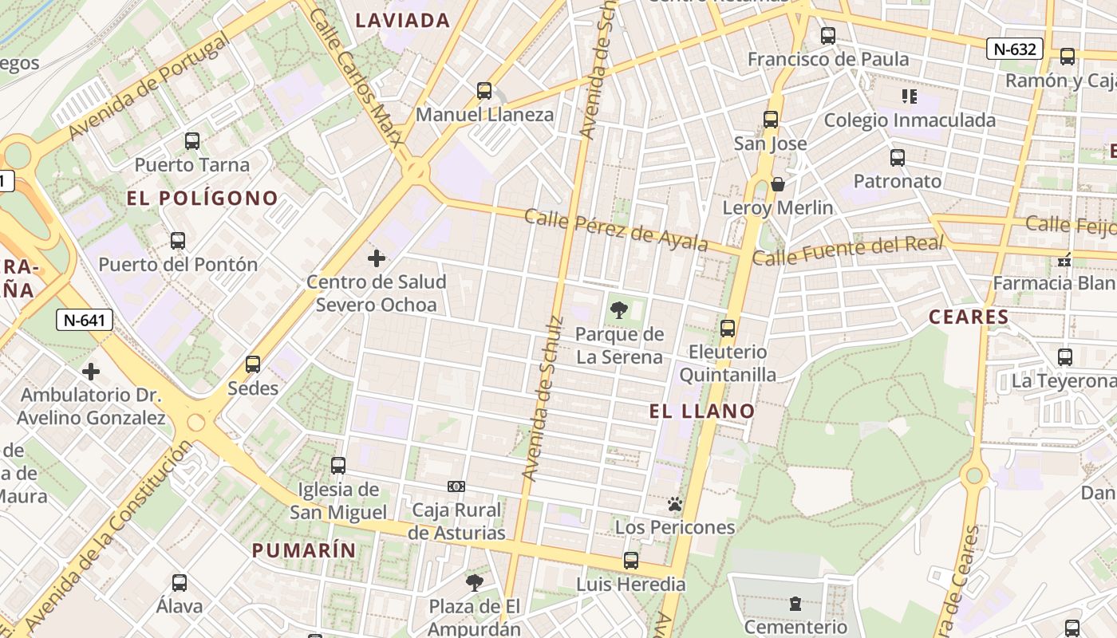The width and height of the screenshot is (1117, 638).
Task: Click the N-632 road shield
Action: pyautogui.click(x=1015, y=49)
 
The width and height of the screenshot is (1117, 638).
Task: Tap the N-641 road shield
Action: pyautogui.click(x=85, y=321)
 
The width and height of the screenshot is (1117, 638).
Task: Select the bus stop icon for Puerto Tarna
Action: pyautogui.click(x=191, y=141)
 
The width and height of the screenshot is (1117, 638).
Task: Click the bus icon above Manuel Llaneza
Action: pyautogui.click(x=484, y=91)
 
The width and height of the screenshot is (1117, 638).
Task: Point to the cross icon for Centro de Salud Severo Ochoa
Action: pyautogui.click(x=377, y=258)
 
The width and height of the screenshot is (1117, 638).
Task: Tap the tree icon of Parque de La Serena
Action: pyautogui.click(x=618, y=310)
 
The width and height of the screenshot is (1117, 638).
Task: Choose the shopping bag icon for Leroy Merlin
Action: pyautogui.click(x=778, y=185)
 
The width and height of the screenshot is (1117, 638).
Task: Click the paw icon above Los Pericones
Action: pyautogui.click(x=675, y=504)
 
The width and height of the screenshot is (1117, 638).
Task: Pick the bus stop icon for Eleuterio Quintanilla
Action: pyautogui.click(x=728, y=328)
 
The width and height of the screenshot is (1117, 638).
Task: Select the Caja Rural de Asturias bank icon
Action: pyautogui.click(x=456, y=486)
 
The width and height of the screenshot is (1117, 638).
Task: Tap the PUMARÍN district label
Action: pyautogui.click(x=304, y=550)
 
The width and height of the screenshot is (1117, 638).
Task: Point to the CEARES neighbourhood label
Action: pyautogui.click(x=969, y=317)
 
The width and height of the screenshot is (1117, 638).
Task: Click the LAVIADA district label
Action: pyautogui.click(x=403, y=21)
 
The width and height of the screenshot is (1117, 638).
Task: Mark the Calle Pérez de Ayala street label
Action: pyautogui.click(x=616, y=229)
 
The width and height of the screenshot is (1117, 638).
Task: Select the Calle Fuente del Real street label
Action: pyautogui.click(x=848, y=251)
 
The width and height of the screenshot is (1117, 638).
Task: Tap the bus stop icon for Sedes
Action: pyautogui.click(x=253, y=364)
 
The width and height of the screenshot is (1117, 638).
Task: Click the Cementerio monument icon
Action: pyautogui.click(x=795, y=604)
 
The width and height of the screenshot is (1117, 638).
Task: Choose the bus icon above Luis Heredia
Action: pyautogui.click(x=631, y=561)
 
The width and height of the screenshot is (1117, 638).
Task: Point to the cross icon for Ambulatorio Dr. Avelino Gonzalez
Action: pyautogui.click(x=91, y=372)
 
